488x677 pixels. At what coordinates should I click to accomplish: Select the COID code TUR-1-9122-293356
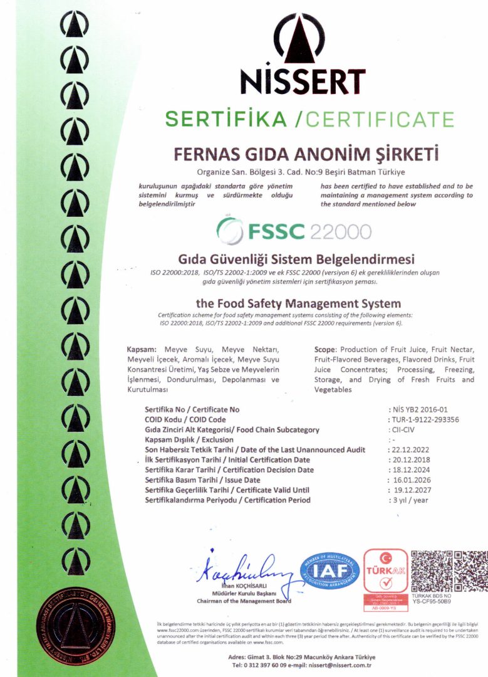[426, 419]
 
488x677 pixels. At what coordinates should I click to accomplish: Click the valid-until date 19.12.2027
[413, 490]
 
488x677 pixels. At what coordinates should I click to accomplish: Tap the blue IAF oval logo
[330, 570]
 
